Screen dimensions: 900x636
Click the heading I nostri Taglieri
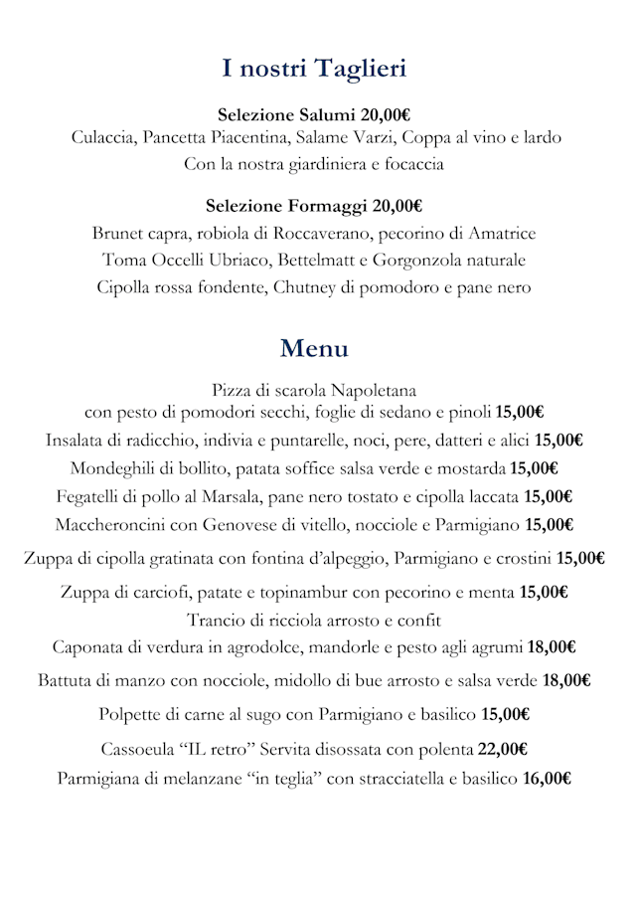314,69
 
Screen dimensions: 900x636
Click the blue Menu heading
314,349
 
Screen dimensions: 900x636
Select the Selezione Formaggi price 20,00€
397,207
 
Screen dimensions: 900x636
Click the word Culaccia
104,138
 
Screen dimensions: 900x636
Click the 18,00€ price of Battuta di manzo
567,681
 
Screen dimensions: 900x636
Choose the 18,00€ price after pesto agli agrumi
552,647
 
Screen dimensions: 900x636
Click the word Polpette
132,715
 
